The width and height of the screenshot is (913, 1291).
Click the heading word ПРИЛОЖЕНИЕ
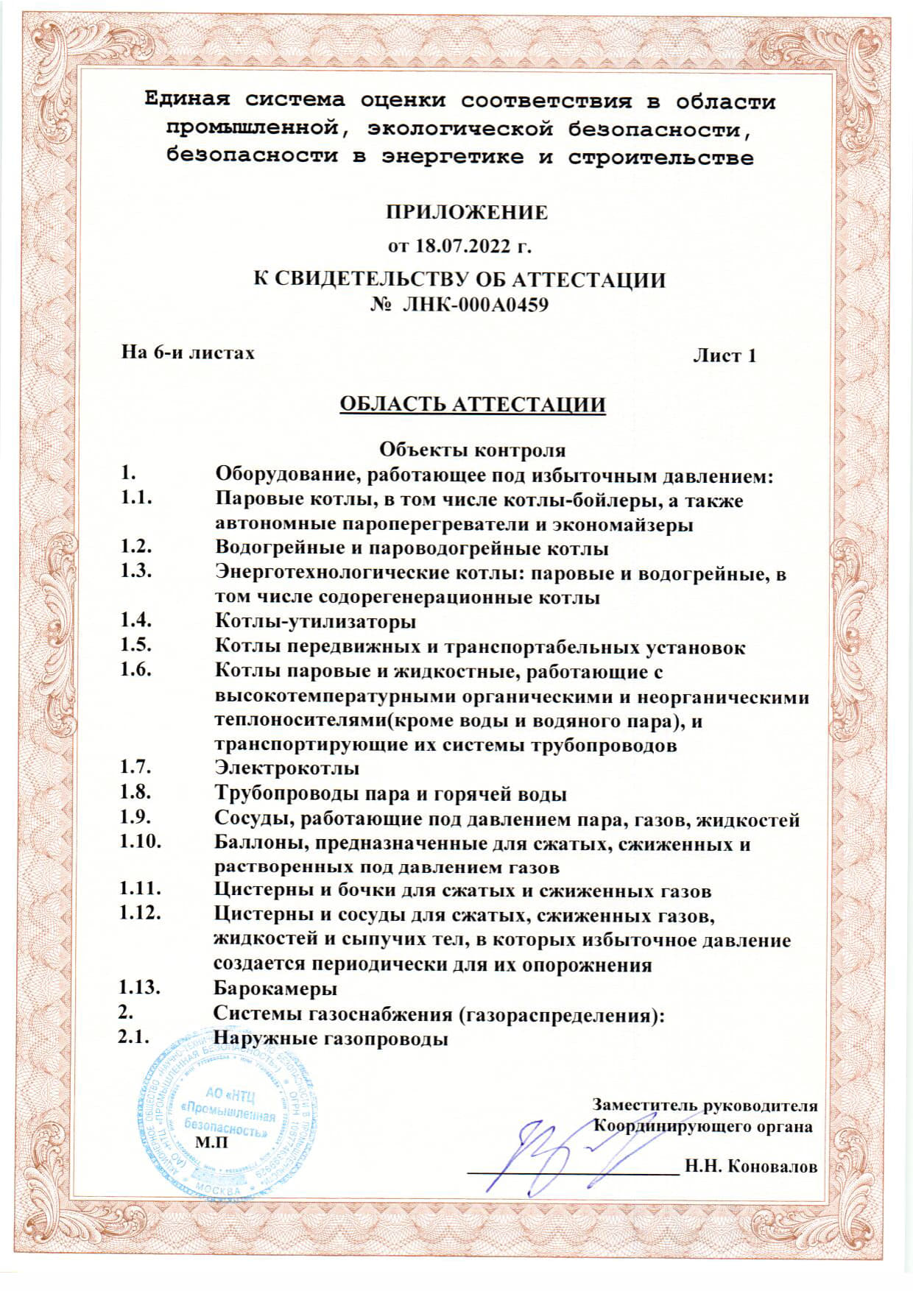tap(467, 213)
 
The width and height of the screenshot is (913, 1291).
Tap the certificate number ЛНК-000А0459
tap(475, 304)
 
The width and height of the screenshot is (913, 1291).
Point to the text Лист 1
tap(725, 356)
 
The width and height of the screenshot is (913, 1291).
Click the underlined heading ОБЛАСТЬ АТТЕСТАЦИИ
tap(472, 404)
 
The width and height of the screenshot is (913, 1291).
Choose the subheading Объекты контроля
tap(472, 449)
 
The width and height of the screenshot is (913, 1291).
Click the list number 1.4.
tap(136, 620)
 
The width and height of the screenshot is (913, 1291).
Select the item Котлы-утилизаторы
tap(315, 622)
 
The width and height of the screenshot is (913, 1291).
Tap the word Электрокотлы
tap(286, 768)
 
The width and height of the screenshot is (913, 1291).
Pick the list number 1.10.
tap(140, 842)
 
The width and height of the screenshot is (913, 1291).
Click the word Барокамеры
tap(275, 988)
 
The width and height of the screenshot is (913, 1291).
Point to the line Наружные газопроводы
tap(331, 1039)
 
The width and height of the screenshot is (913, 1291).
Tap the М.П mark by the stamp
tap(211, 1142)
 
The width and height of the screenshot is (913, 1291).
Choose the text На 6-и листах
tap(188, 353)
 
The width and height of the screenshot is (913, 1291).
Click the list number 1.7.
tap(136, 768)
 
